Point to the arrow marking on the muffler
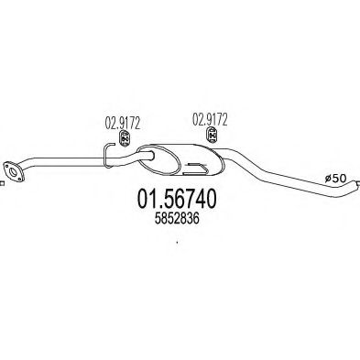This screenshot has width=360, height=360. pos(195,170)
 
